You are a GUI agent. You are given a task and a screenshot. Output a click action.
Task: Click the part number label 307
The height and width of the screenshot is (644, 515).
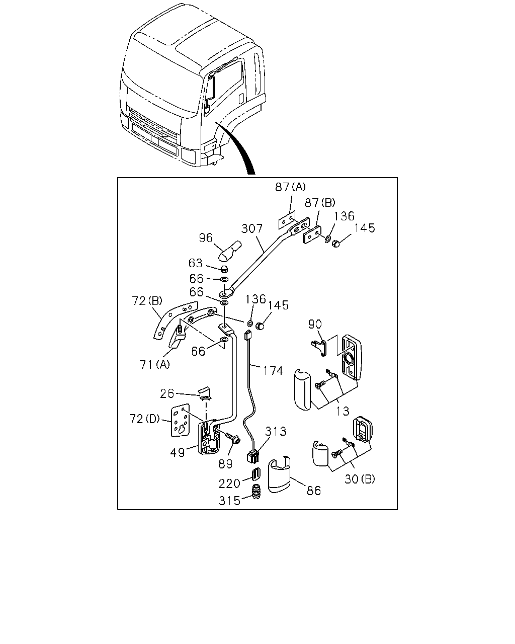coord(252,228)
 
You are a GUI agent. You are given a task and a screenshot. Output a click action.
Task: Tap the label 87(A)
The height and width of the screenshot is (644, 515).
coord(290,187)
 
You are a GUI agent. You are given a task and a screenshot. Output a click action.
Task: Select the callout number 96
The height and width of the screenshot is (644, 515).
coord(206,238)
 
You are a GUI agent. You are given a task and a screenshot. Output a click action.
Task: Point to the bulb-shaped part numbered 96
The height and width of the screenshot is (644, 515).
coord(230,250)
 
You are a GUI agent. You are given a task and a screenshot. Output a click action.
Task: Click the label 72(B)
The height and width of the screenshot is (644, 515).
coord(147,301)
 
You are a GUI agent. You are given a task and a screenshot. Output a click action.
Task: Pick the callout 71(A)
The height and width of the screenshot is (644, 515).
coord(154,364)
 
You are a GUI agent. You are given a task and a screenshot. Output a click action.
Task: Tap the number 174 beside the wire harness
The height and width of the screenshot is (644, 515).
coord(273,371)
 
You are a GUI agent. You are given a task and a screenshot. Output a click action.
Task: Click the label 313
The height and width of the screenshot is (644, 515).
coord(276,431)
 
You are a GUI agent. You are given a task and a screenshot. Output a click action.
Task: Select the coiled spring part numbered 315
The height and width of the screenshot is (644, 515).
coord(256,492)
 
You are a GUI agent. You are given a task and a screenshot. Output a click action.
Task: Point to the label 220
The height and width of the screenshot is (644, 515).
coord(229,484)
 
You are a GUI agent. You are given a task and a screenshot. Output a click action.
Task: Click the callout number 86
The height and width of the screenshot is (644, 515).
coord(314,491)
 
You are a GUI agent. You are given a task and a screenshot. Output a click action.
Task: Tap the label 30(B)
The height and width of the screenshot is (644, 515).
coord(360,479)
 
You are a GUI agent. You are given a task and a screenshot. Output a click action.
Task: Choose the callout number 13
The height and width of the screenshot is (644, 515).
coord(342,411)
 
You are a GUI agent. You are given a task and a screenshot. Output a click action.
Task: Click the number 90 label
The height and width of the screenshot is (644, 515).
coord(315,324)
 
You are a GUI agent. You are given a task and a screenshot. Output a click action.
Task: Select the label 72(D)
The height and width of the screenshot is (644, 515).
coord(144,419)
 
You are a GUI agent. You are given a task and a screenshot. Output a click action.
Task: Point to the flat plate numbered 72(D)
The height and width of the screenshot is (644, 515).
coord(181,420)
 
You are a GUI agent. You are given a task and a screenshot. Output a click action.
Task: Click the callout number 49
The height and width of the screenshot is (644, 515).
coord(177,452)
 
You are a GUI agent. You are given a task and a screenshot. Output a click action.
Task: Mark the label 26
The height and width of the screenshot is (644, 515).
coord(166,393)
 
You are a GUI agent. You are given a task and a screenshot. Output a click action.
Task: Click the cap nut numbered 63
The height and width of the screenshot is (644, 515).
coord(223,269)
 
